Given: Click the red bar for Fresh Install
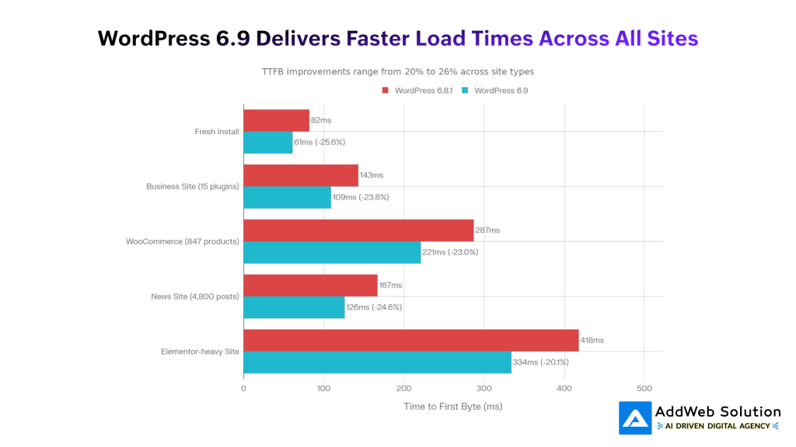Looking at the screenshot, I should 276,120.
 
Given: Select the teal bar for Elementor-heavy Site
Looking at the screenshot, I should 377,362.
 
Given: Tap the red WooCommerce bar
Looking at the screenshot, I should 358,230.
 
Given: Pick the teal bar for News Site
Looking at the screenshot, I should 294,307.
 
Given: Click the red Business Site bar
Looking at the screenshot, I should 301,175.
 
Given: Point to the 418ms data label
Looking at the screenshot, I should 592,340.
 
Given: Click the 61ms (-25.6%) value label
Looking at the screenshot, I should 319,142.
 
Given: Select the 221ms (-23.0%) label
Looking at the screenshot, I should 450,252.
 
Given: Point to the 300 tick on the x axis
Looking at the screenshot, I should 484,388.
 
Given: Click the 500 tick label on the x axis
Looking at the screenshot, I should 644,388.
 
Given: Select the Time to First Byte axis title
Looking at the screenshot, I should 452,406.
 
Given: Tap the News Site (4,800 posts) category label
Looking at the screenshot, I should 195,296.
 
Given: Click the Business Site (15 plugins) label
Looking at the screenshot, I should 192,186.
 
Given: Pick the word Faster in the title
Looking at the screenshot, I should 379,38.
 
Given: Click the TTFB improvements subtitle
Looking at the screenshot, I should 397,71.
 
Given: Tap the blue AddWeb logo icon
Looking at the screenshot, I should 635,418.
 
